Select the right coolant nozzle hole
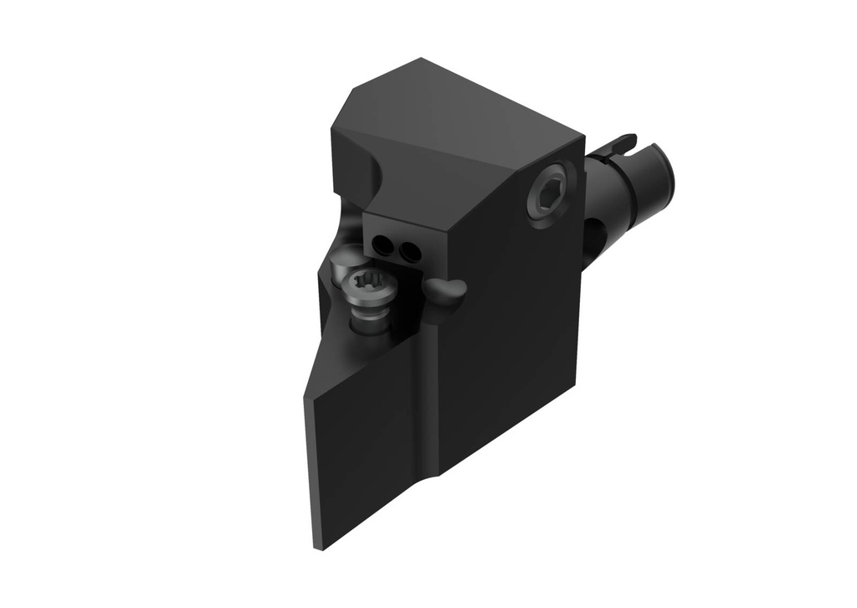coord(408,251)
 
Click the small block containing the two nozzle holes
coord(402,243)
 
